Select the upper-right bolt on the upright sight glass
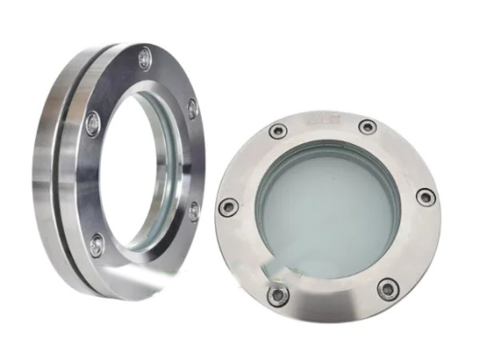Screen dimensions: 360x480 (x=193, y=108)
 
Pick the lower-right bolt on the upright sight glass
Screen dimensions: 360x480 (x=195, y=212)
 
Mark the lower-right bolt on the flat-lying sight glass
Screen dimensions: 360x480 (x=388, y=288)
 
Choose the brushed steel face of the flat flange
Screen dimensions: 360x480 (x=405, y=243)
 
